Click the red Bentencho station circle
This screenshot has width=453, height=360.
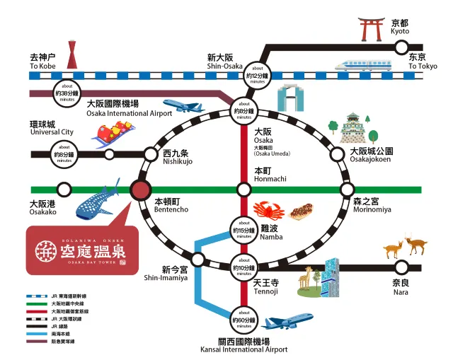(140, 190)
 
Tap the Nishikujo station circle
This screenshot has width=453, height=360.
(151, 153)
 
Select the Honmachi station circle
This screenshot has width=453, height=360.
(243, 190)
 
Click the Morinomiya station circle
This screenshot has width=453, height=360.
(347, 190)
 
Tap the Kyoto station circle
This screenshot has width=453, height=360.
(401, 47)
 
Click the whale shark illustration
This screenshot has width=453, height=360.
(100, 199)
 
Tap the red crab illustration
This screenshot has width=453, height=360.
(268, 210)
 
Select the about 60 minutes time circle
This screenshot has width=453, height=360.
(243, 315)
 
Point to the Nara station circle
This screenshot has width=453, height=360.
(401, 267)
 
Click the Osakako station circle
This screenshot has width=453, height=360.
(64, 190)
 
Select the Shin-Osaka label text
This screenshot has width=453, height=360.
(224, 61)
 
